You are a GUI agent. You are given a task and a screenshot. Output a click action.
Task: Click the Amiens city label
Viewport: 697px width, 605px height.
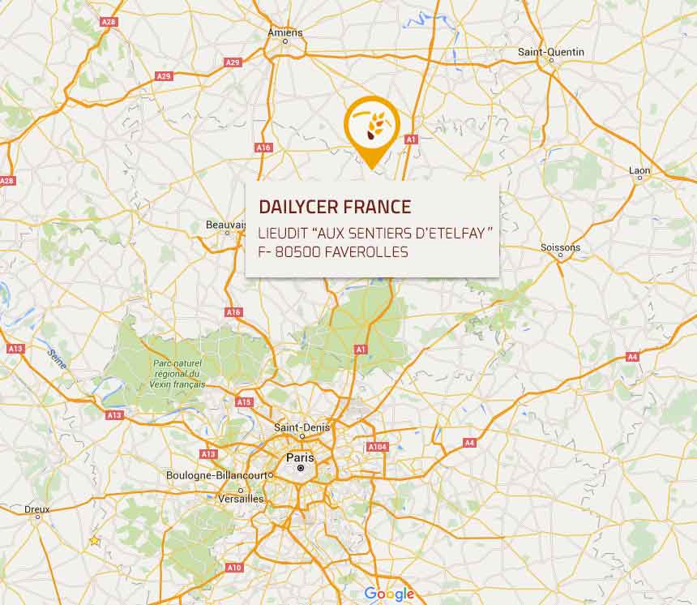(285, 33)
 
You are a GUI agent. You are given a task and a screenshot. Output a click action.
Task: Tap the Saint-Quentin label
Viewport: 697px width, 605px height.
(550, 53)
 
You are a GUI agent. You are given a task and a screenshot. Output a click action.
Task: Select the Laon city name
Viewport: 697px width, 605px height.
(639, 170)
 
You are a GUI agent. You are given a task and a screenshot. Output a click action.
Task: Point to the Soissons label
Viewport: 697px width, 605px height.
(561, 247)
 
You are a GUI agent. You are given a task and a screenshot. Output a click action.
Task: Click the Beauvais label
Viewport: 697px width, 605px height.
(225, 225)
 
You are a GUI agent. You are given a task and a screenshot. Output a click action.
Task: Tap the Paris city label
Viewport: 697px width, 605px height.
(299, 457)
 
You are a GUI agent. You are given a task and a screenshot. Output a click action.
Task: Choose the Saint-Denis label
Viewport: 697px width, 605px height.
(296, 427)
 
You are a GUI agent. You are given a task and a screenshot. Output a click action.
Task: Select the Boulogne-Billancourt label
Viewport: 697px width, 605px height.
(219, 475)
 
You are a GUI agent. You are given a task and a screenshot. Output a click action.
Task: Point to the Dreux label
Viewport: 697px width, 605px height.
(36, 510)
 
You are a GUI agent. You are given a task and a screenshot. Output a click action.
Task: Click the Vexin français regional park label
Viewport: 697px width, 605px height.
(177, 374)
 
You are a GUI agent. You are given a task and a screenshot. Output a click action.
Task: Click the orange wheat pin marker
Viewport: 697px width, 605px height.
(372, 127)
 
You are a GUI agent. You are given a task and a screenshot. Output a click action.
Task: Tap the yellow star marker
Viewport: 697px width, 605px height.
(95, 540)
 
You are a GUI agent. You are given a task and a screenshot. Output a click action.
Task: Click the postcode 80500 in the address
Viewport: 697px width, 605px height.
(297, 252)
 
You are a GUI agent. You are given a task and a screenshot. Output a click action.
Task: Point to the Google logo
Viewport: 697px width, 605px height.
(389, 594)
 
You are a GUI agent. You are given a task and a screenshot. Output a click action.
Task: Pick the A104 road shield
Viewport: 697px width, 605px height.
(377, 446)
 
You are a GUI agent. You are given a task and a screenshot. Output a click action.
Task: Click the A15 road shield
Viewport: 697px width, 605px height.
(243, 401)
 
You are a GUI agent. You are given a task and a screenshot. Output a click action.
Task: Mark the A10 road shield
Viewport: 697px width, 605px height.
(234, 568)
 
